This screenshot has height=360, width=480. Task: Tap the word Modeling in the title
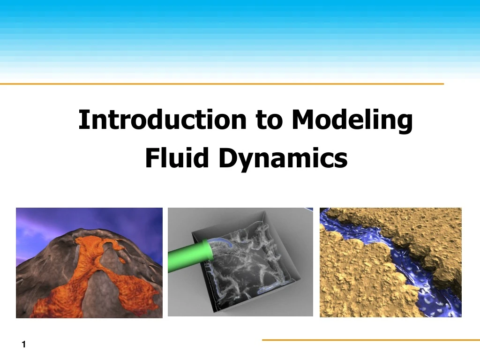point(352,120)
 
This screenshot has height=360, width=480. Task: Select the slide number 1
point(23,345)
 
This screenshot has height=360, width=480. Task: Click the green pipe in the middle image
point(187,257)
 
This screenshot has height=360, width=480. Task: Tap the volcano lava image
point(89,263)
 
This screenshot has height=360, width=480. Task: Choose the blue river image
point(390,262)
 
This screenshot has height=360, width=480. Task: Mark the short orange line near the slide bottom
point(370,340)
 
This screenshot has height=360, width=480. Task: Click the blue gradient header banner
point(240,37)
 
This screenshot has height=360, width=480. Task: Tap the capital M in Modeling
point(301,120)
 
